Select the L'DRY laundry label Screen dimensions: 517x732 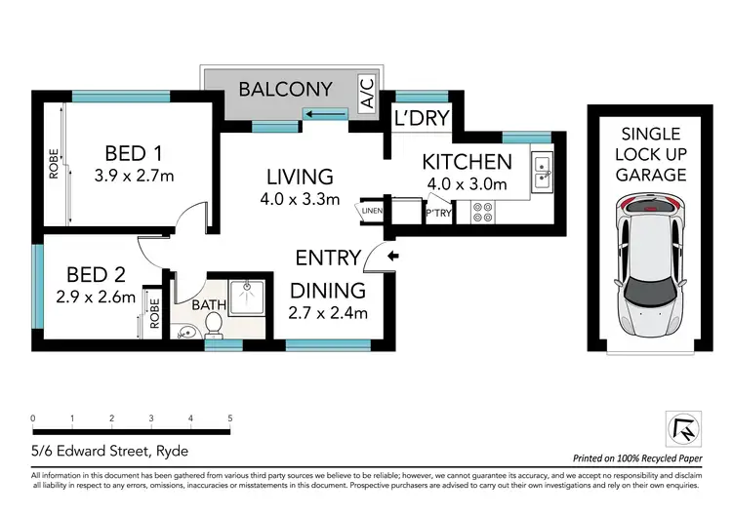pos(421,117)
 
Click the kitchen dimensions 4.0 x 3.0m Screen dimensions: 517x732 pos(467,183)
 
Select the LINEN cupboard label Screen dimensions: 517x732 pos(372,210)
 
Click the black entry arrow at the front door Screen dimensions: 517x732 pos(392,258)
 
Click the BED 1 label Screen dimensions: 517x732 pos(134,153)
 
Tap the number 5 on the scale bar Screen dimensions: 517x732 pos(229,418)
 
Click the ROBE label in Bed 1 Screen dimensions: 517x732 pos(54,164)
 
